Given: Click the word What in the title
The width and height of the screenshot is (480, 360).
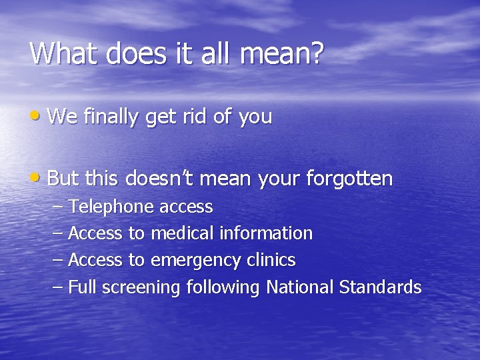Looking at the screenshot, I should tap(63, 53).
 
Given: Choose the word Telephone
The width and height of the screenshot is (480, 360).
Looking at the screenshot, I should tap(111, 207).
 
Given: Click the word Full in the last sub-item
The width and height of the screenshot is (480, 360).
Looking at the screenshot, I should tap(81, 287).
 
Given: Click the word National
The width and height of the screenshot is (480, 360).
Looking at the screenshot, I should tap(300, 287).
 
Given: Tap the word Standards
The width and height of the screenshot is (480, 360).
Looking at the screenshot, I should tap(380, 287).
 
